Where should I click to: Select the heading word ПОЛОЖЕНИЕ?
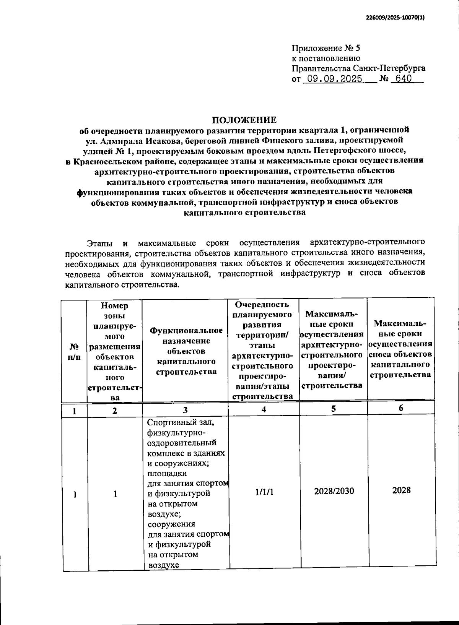pyautogui.click(x=244, y=120)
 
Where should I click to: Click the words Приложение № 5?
pyautogui.click(x=326, y=48)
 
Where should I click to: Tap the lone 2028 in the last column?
pyautogui.click(x=401, y=490)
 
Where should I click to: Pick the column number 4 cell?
pyautogui.click(x=264, y=409)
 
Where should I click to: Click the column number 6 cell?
pyautogui.click(x=401, y=408)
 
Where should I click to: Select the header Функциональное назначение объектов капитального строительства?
pyautogui.click(x=186, y=351)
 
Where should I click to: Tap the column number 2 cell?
pyautogui.click(x=114, y=411)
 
